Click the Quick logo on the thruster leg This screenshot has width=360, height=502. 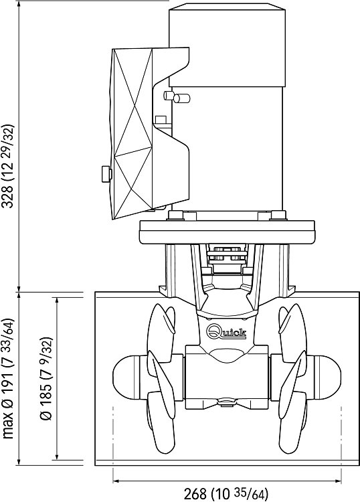click(x=227, y=331)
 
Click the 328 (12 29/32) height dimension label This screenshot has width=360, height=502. click(x=8, y=166)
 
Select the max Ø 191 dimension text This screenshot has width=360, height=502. click(x=8, y=379)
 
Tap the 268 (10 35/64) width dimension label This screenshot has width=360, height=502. click(x=226, y=493)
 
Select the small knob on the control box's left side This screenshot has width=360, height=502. click(x=106, y=174)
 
